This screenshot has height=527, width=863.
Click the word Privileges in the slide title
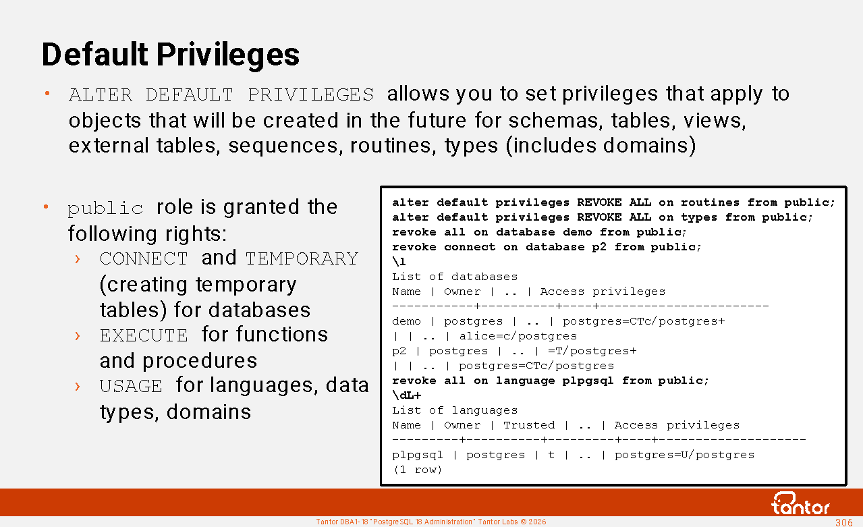point(228,55)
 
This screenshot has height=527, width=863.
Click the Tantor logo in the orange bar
point(800,503)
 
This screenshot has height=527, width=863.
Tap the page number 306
point(843,522)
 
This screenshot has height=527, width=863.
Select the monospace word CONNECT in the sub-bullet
point(144,258)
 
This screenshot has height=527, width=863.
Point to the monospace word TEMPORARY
point(302,258)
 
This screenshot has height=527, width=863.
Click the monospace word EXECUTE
point(144,335)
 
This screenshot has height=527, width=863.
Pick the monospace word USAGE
point(131,386)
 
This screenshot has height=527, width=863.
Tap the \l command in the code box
point(399,262)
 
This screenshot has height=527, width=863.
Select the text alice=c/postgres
point(518,336)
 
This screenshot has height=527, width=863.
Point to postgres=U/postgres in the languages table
point(684,455)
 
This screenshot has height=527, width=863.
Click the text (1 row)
point(417,470)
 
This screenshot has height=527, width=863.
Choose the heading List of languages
point(455,410)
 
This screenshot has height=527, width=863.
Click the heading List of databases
point(455,277)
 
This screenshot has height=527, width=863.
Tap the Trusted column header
point(529,425)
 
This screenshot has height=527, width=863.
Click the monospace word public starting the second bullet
point(105,209)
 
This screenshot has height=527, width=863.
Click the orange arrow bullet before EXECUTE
point(78,336)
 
